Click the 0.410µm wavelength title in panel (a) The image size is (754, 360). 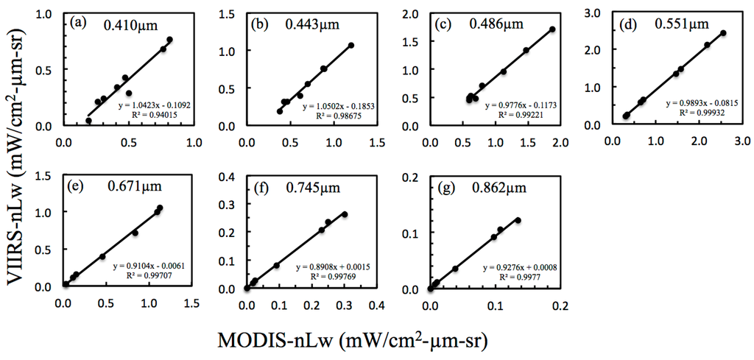[x=129, y=24]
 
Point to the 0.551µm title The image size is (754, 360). [x=680, y=24]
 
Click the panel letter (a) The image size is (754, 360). [x=79, y=22]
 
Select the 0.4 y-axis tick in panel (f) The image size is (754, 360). [x=230, y=177]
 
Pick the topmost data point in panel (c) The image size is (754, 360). [x=552, y=29]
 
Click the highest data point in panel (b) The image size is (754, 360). [x=351, y=45]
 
